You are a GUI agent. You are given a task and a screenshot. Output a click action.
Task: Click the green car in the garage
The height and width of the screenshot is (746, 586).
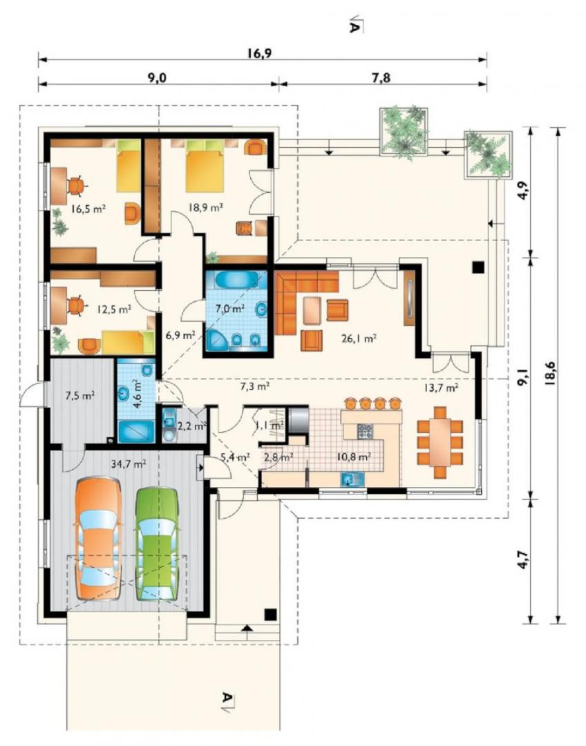point(157,544)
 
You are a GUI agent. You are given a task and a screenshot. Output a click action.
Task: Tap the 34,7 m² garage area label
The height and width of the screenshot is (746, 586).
point(129,463)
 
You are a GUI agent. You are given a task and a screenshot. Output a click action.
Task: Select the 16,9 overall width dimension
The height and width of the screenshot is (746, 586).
point(259,52)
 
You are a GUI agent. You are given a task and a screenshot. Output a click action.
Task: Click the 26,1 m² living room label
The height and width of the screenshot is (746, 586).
point(359,338)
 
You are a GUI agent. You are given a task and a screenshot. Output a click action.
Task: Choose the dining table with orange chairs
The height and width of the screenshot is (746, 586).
point(440,442)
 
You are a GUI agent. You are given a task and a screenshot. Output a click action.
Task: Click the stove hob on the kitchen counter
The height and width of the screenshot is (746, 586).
point(365,431)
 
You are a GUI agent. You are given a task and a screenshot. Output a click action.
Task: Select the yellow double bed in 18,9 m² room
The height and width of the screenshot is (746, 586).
point(205,165)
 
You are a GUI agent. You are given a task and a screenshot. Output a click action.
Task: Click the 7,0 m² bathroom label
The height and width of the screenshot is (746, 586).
point(230,308)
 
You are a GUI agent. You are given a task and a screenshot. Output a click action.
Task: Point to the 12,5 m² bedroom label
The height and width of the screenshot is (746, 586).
point(113,309)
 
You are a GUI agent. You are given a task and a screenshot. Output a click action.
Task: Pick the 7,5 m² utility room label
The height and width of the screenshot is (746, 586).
point(79,394)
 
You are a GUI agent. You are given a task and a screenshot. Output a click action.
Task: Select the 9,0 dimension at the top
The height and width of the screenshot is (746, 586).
point(157,77)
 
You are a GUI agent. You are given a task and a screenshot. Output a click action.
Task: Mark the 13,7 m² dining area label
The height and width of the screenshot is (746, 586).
point(441,388)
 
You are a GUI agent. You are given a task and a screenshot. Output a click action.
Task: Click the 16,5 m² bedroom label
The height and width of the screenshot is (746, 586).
point(88,209)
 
